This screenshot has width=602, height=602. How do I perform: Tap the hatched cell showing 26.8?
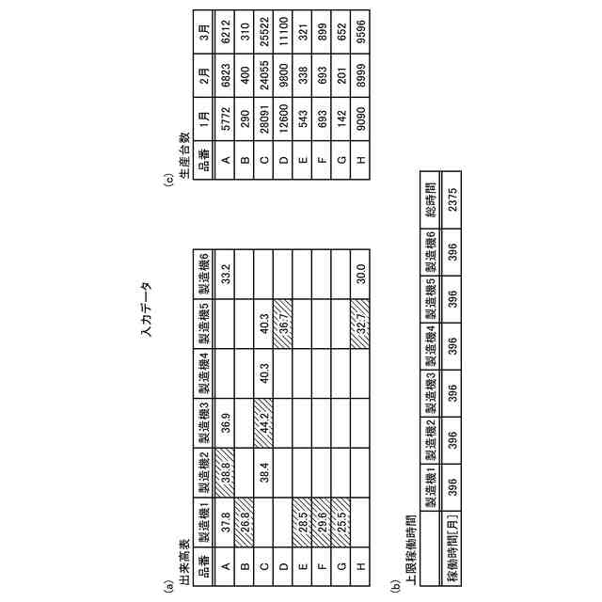(x=245, y=523)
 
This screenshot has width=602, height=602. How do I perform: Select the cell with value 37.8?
(x=225, y=523)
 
